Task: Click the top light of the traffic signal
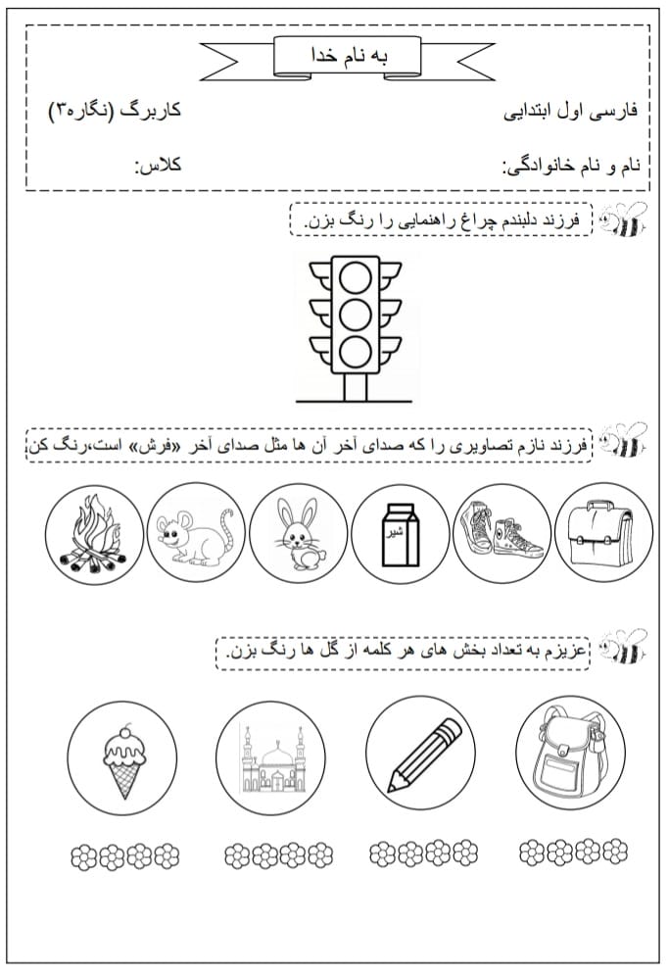[x=356, y=277]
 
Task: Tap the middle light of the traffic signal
[x=356, y=314]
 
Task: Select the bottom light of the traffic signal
[x=356, y=350]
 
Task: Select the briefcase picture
[x=602, y=533]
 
